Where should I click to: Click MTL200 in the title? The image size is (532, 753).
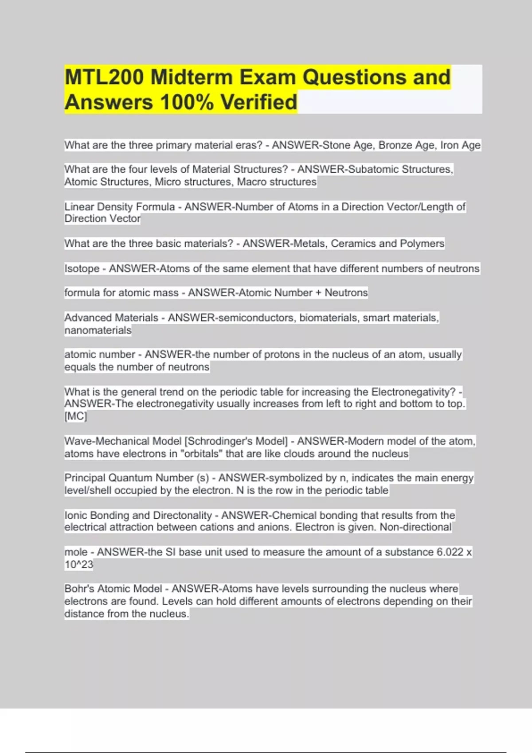(104, 78)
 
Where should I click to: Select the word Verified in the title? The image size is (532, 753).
(259, 102)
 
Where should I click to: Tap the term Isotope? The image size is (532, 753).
(82, 268)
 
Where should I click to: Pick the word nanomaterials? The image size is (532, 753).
(98, 330)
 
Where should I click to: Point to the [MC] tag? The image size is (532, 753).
(76, 416)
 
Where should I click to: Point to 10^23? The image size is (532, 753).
(79, 565)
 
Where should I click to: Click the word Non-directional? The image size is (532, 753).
(415, 527)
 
